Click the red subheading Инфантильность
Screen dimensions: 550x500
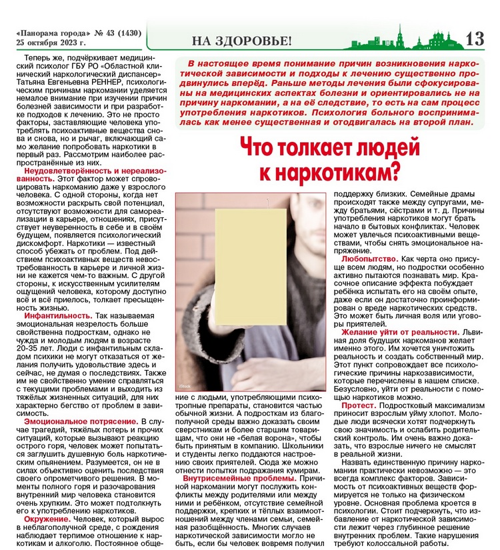(57, 315)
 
